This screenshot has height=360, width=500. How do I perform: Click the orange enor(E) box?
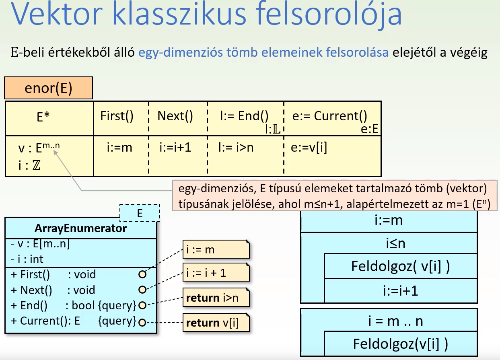pyautogui.click(x=48, y=88)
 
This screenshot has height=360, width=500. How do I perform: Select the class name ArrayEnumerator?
pyautogui.click(x=80, y=228)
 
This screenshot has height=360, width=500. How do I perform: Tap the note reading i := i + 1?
pyautogui.click(x=216, y=273)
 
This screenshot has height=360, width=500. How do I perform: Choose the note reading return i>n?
pyautogui.click(x=216, y=298)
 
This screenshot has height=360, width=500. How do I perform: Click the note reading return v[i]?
pyautogui.click(x=216, y=323)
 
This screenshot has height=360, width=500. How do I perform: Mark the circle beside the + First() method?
pyautogui.click(x=142, y=275)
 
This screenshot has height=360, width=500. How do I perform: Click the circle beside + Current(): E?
pyautogui.click(x=142, y=322)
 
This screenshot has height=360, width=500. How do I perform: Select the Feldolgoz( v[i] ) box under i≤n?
pyautogui.click(x=400, y=267)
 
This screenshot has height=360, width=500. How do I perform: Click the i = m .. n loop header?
pyautogui.click(x=389, y=321)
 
